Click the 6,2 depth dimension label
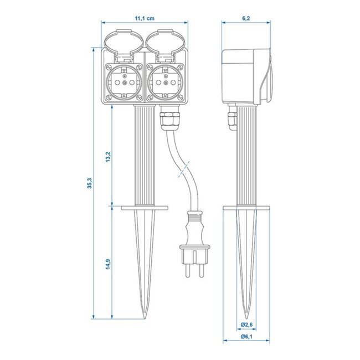pos(245,18)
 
